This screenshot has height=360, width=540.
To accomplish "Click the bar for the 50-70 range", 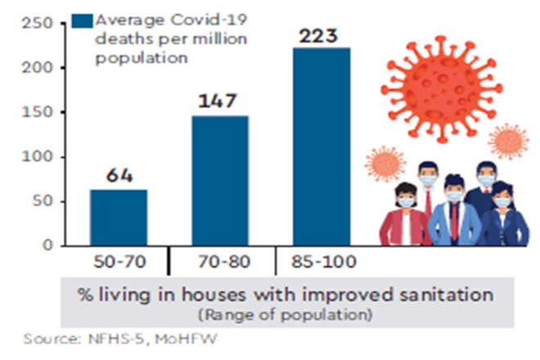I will pyautogui.click(x=119, y=218).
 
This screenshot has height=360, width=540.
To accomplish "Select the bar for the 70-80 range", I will pyautogui.click(x=220, y=181).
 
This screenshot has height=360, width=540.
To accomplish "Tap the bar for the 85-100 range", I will pyautogui.click(x=322, y=147).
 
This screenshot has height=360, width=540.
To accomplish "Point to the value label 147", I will pyautogui.click(x=219, y=101).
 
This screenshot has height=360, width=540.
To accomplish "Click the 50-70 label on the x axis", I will pyautogui.click(x=119, y=265).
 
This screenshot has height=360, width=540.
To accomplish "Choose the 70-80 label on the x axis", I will pyautogui.click(x=220, y=265).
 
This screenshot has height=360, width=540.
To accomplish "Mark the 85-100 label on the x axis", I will pyautogui.click(x=322, y=265).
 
